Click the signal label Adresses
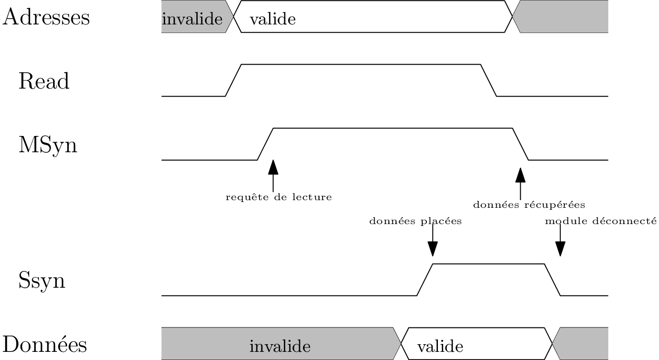[x=46, y=18]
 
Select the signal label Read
[x=44, y=81]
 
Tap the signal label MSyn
[x=48, y=145]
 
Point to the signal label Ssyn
[x=42, y=281]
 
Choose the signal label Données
[x=45, y=345]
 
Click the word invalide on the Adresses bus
[x=192, y=20]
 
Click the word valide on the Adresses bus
[x=273, y=20]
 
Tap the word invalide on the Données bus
[x=280, y=346]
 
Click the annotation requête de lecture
[x=279, y=197]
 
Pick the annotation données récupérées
[x=529, y=205]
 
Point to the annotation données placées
[x=415, y=222]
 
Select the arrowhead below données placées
[x=433, y=249]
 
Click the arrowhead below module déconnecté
[x=560, y=249]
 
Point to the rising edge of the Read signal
[x=234, y=80]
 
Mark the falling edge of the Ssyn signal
[x=552, y=280]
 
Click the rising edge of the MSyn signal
[x=265, y=144]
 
